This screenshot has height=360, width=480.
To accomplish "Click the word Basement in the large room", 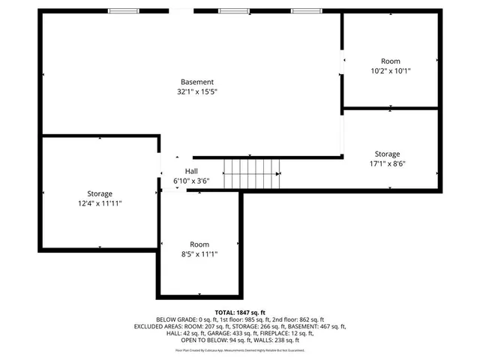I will pos(197,82).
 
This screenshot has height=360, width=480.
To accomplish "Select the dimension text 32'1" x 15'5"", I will pos(197,92).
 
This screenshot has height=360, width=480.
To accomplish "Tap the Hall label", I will pos(181,170).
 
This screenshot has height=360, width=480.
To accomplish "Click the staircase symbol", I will pos(251,174).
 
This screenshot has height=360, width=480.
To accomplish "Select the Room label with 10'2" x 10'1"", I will pos(391,61).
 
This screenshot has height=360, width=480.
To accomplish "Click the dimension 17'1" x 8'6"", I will pos(387,163).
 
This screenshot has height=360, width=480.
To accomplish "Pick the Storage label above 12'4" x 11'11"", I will pos(99,193).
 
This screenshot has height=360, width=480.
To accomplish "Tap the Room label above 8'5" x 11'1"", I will pos(199,244).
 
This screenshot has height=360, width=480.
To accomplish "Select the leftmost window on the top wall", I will pos(123,11).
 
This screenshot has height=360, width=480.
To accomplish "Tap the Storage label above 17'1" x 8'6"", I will pos(387,154).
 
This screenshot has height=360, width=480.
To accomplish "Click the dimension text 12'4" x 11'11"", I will pos(99,204).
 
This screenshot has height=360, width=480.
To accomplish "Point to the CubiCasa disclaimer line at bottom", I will pos(240,350).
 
